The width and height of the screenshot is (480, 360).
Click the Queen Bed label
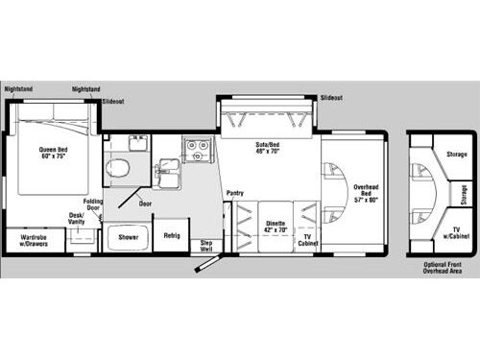pos(52,155)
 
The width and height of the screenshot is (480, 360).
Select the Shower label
pos(127,235)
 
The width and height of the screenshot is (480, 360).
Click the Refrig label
pos(171,235)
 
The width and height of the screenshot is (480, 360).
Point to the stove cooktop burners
pos(197,149)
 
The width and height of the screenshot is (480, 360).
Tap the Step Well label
pos(205,245)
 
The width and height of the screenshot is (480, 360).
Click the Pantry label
pos(235,193)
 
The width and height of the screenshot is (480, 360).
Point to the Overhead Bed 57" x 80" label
pos(366,193)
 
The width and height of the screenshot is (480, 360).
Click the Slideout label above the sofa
pos(332,98)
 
